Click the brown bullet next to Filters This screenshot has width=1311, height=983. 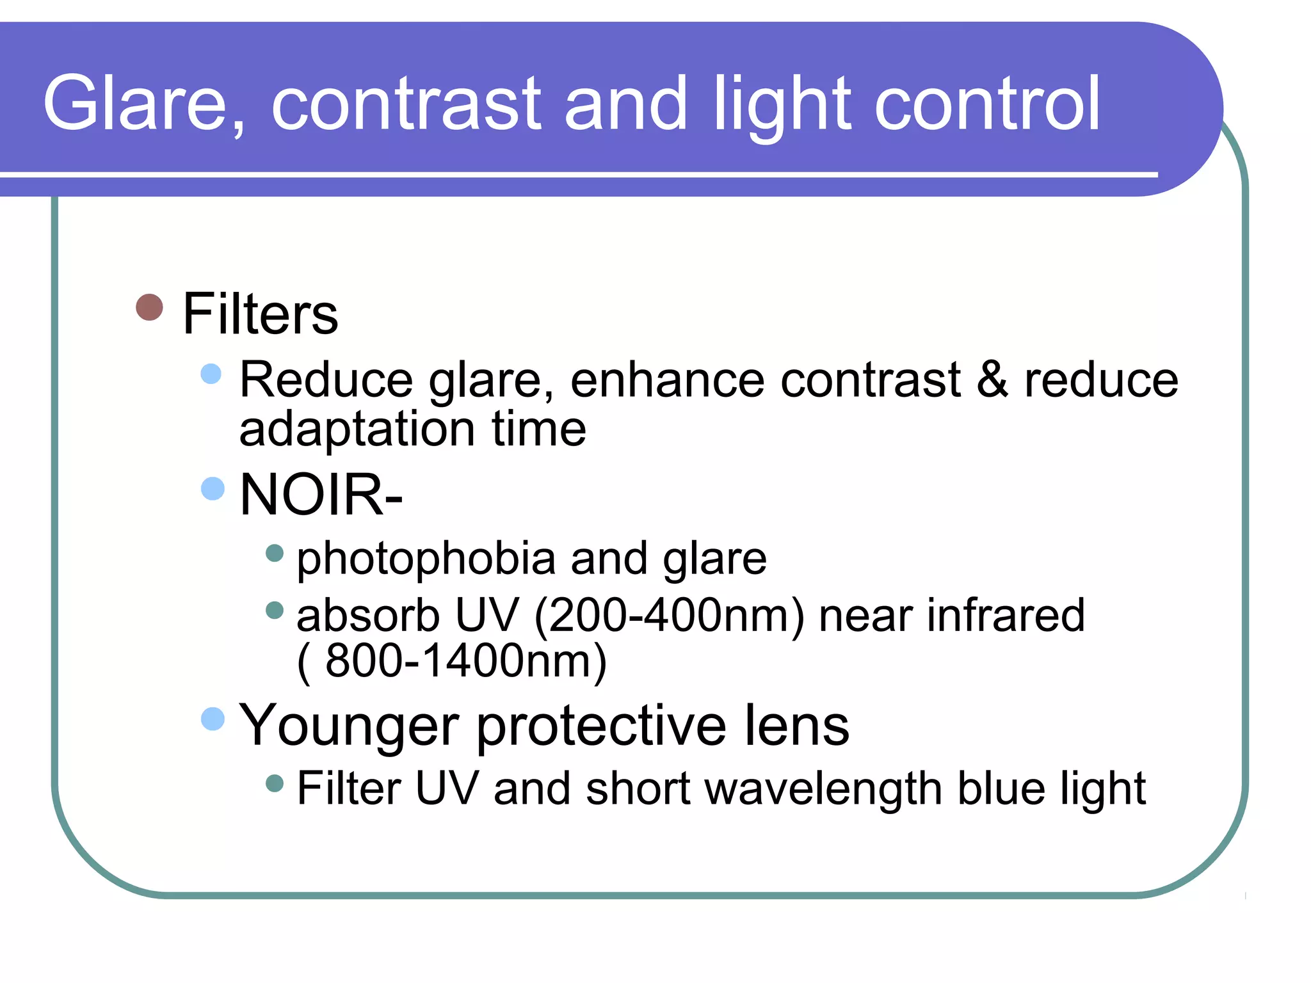(x=150, y=307)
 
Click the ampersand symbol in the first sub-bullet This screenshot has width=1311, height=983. (x=992, y=379)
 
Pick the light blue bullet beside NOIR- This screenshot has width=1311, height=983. (x=213, y=489)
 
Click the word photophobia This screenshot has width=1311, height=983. (x=426, y=559)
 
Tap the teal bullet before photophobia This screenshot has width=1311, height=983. (x=275, y=553)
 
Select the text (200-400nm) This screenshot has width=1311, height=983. (x=668, y=616)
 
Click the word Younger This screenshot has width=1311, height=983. (x=349, y=726)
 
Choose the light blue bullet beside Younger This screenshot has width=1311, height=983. (x=213, y=719)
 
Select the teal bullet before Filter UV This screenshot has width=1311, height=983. (x=275, y=783)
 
